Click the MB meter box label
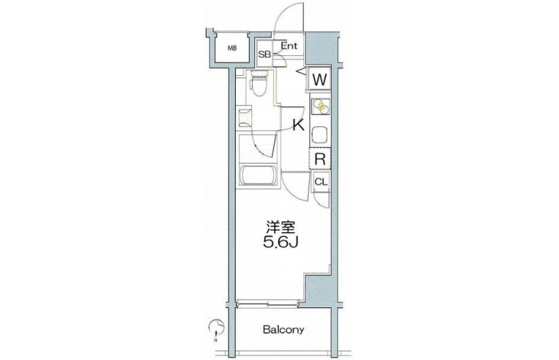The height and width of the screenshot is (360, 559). (x=232, y=48)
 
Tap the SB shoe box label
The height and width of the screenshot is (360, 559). (x=264, y=54)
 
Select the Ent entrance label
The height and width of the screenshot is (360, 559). (x=289, y=46)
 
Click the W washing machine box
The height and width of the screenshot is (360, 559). (x=319, y=80)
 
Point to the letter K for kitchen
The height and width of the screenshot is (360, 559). (x=299, y=125)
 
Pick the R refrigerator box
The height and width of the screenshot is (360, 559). (x=320, y=159)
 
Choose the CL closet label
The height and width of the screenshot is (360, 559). (x=321, y=182)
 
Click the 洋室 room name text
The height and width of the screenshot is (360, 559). (x=280, y=228)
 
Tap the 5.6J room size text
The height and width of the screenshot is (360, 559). (x=280, y=243)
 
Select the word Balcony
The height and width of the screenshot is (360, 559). (x=283, y=329)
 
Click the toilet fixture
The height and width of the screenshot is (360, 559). (x=258, y=83)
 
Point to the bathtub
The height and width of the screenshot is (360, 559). (x=259, y=175)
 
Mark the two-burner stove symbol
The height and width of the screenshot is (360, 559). (x=321, y=106)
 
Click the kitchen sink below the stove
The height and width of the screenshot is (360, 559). (x=320, y=134)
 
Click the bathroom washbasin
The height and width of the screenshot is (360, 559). (x=245, y=118)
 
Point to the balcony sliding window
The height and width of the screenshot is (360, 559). (x=267, y=303)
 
